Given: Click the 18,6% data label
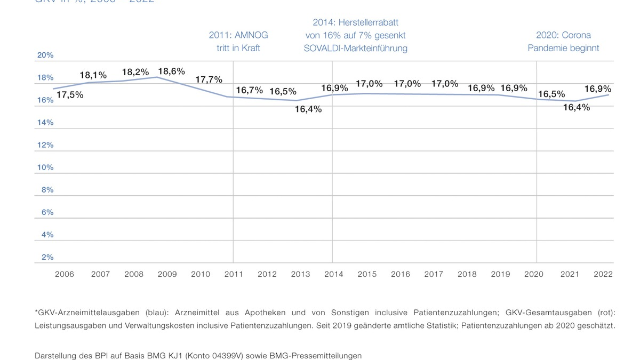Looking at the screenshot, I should coord(171,71).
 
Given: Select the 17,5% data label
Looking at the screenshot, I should coord(69,95).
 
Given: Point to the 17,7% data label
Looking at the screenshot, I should coord(209,79).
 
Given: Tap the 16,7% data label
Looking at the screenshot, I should coord(249,90).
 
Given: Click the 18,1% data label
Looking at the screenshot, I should coord(93,75).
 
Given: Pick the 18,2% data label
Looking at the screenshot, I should coord(135,72).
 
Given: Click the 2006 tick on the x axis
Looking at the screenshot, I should coord(65,274).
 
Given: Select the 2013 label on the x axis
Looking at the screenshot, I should coord(300,274).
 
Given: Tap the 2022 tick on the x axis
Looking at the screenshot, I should coord(603,274).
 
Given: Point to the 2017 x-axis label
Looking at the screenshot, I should coord(434,274).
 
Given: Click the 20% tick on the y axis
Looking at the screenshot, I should coord(45,55).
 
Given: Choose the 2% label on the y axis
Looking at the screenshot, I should coord(47,257).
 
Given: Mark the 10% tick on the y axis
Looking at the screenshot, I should coord(45,167).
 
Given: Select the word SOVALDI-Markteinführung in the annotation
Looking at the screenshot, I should coord(355,48).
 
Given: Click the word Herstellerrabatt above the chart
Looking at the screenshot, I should coord(370,22).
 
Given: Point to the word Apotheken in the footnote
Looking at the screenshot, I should coord(266,313).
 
